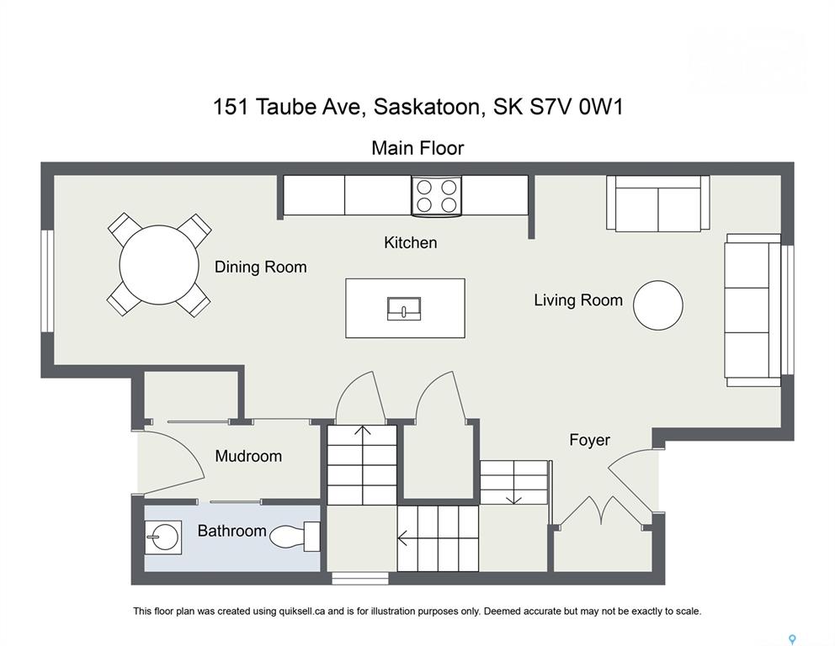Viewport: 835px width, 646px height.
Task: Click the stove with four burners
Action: pos(436,196)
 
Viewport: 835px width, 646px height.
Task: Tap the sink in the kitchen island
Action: pos(404,310)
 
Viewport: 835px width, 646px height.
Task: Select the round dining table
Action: pos(159,264)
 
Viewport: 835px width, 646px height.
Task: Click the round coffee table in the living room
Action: pos(658,305)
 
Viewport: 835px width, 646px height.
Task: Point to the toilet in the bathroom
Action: pos(295,537)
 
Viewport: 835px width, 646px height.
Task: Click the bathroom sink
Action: pos(163,537)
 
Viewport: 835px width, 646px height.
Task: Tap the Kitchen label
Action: pos(411,242)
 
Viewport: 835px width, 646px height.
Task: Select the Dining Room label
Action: pos(260,267)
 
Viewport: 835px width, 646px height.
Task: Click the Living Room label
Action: pos(578,300)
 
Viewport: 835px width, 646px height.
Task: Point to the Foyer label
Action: pos(589,440)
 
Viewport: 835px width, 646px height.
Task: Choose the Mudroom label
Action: pos(248,456)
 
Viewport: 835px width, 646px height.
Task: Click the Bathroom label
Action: pos(231,531)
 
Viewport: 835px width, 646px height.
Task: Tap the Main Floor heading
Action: pos(417,148)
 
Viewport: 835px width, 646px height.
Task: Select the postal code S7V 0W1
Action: pos(577,107)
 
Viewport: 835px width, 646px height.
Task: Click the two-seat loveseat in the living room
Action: pos(658,204)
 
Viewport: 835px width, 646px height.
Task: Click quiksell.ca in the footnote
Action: pos(302,612)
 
